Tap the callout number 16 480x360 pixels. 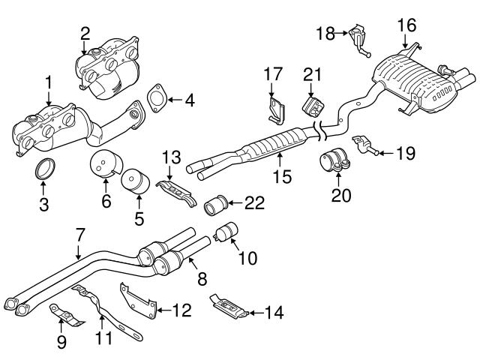406,24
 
